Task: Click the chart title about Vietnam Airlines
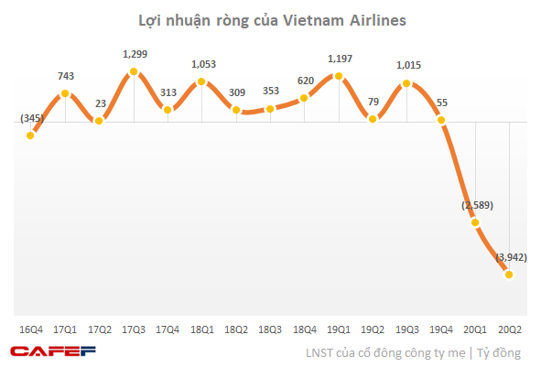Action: click(x=272, y=20)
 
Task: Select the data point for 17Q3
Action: click(x=134, y=71)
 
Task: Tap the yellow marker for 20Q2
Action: click(x=509, y=275)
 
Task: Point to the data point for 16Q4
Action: click(x=30, y=135)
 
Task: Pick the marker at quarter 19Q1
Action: click(x=339, y=76)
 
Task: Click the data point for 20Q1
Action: click(x=475, y=222)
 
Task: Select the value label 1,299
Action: click(x=135, y=54)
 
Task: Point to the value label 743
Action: click(x=66, y=76)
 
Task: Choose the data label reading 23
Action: click(x=101, y=103)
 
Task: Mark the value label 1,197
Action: click(x=341, y=59)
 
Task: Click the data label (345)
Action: click(x=32, y=118)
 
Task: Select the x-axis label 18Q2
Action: click(x=236, y=329)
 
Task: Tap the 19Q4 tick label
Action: click(x=441, y=329)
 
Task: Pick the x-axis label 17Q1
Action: click(x=65, y=329)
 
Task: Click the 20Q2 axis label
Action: click(x=510, y=329)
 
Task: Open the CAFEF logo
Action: click(x=53, y=351)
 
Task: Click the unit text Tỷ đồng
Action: click(x=499, y=353)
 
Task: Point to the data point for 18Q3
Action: click(x=270, y=109)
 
